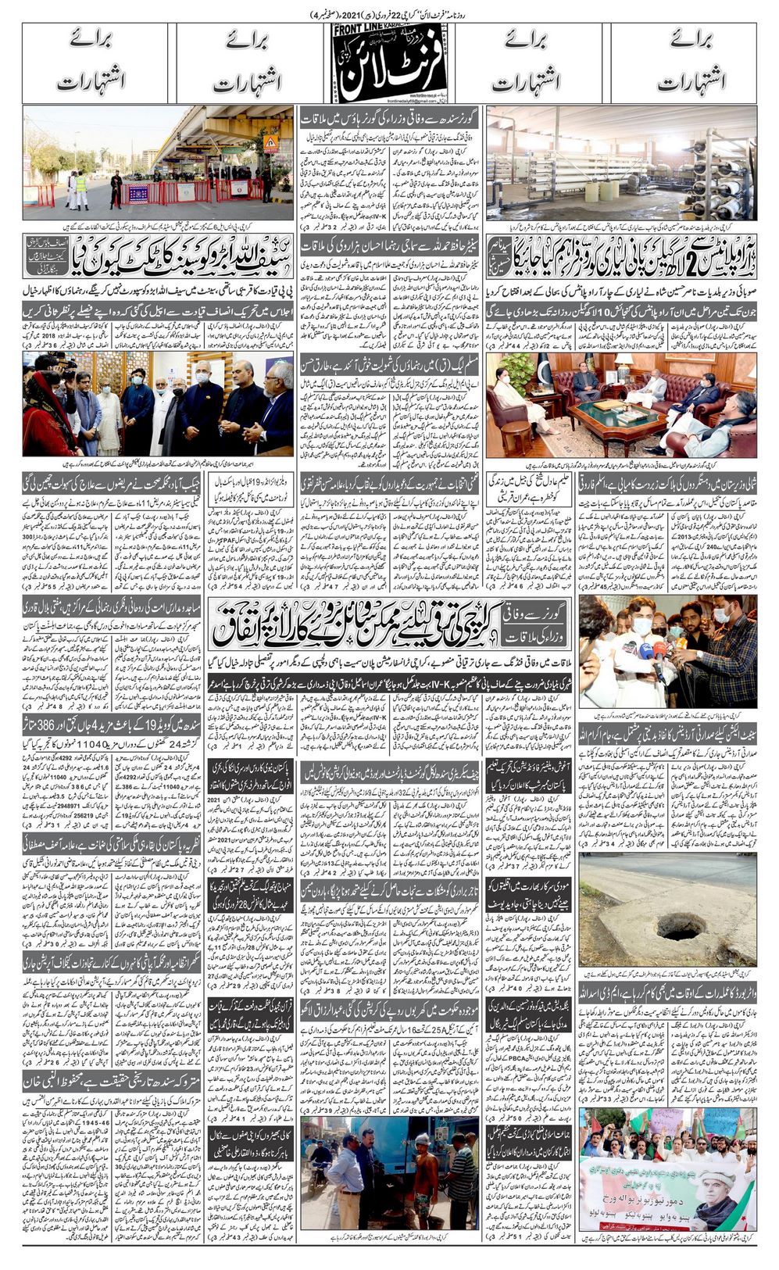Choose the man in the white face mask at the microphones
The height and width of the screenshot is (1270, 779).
641,628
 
